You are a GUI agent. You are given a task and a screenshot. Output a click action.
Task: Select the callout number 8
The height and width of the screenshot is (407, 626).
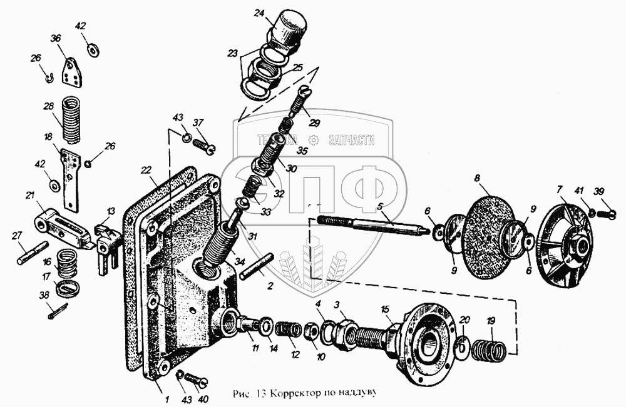click(x=478, y=178)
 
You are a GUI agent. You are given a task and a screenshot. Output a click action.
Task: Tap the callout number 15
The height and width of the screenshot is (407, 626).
click(x=385, y=309)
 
